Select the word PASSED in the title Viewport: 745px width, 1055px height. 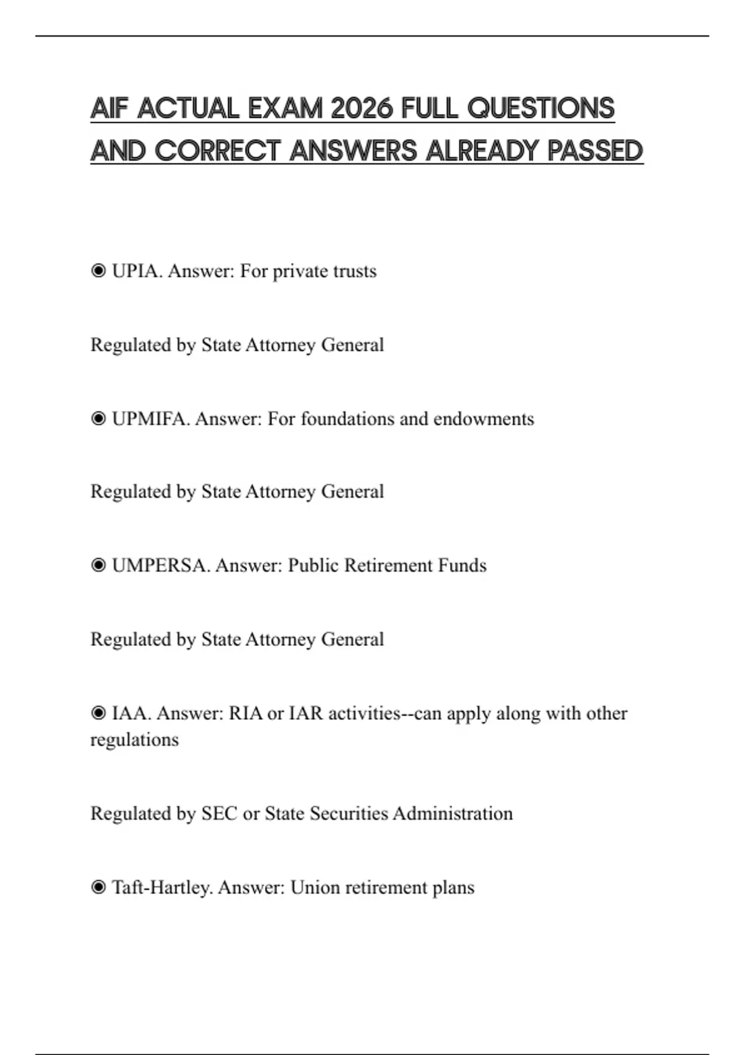click(x=595, y=151)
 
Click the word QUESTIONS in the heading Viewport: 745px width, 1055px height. click(x=540, y=109)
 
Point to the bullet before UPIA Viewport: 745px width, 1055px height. click(x=98, y=271)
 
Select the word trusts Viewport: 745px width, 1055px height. click(x=354, y=271)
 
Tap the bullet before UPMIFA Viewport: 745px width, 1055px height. click(x=98, y=419)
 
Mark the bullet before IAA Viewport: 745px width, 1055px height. click(x=98, y=714)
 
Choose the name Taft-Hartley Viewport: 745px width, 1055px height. click(x=162, y=887)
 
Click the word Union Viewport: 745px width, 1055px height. click(x=315, y=887)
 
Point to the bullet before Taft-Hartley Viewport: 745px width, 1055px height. click(x=98, y=887)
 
